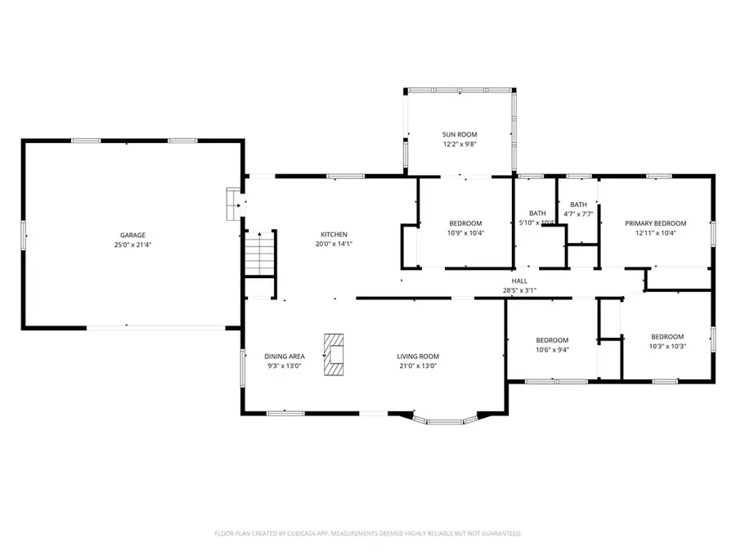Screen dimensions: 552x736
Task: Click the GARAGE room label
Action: (133, 236)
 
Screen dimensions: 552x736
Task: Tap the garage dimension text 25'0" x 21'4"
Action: (133, 245)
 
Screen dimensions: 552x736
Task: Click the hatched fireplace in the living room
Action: (334, 354)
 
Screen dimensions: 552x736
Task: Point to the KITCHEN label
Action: (334, 235)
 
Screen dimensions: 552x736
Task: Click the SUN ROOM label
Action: (460, 135)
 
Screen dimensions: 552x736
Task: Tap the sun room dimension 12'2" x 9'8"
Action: (460, 144)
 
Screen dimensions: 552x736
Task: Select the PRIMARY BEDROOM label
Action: (655, 223)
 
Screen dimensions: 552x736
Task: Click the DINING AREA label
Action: (285, 357)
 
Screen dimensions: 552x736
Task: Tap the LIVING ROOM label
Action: (418, 357)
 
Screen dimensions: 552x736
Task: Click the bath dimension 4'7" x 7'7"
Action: (578, 214)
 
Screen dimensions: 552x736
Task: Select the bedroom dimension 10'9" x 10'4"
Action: (465, 233)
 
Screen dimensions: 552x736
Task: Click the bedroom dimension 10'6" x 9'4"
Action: (552, 349)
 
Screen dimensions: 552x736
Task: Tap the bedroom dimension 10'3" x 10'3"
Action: (666, 346)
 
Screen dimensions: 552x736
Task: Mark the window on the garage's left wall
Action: (23, 235)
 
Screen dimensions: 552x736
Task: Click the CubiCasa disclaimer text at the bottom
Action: (367, 533)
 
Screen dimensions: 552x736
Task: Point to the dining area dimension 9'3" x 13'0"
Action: (285, 366)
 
